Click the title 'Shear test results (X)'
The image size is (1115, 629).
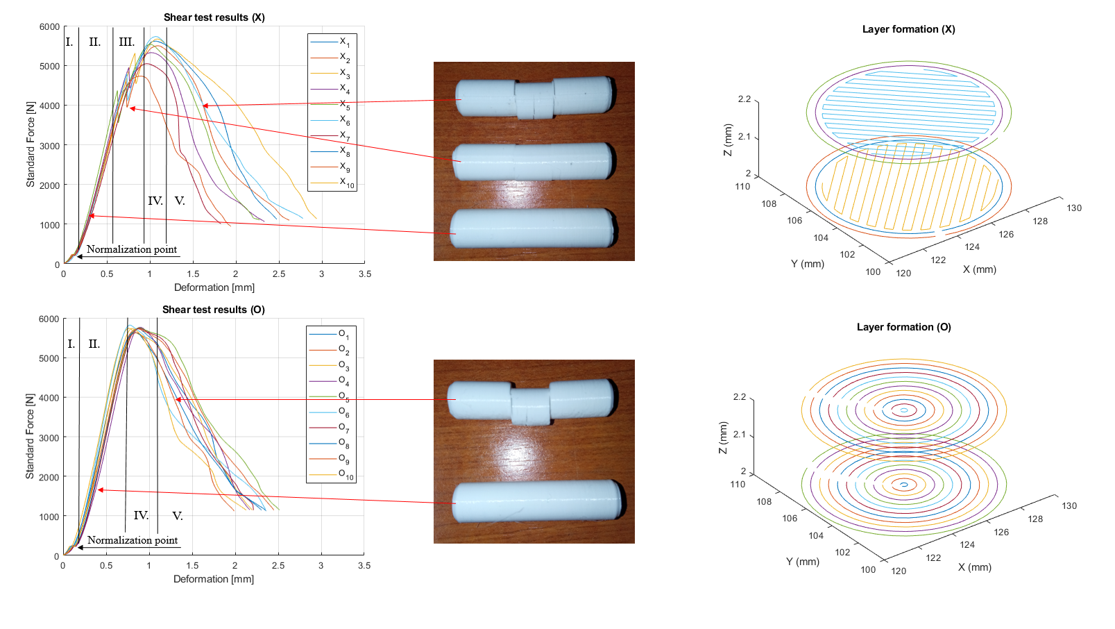[x=214, y=17]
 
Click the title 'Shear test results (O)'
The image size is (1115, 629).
[x=213, y=310]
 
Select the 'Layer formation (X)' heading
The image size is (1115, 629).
[x=908, y=29]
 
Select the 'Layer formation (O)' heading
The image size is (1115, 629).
[x=903, y=327]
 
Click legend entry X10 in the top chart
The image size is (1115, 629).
[x=346, y=183]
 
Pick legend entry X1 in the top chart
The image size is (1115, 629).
[x=345, y=42]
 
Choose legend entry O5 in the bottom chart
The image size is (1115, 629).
[x=343, y=396]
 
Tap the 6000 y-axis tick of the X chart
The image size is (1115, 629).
[x=49, y=27]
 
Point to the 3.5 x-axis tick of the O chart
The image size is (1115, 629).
[x=364, y=566]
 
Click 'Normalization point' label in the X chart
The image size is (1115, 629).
[x=131, y=249]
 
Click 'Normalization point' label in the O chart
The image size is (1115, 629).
[x=132, y=540]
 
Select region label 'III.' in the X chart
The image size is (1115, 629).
[x=126, y=42]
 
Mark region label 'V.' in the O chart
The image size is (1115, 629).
[x=178, y=516]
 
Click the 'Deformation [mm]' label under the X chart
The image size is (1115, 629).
[x=214, y=287]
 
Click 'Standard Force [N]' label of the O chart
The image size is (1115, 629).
[x=30, y=437]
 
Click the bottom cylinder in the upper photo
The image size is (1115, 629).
[x=533, y=228]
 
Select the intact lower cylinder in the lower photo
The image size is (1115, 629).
[x=537, y=501]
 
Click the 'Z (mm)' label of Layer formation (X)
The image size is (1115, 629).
[x=727, y=140]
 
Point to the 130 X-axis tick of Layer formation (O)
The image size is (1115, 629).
[x=1069, y=506]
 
